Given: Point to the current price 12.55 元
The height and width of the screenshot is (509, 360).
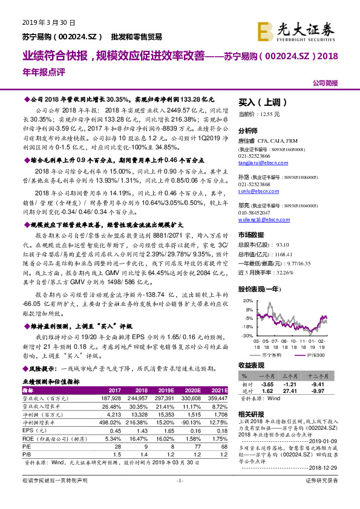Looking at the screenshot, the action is coord(269,114).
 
